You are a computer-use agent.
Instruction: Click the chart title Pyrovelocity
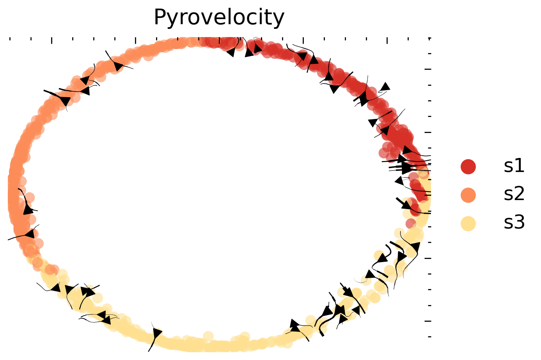(x=219, y=18)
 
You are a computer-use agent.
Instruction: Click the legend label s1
(x=514, y=166)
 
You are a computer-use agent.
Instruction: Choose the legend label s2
(x=514, y=194)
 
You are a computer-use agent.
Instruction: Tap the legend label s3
(x=514, y=223)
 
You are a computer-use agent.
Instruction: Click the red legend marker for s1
(x=468, y=167)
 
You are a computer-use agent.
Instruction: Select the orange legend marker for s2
(x=468, y=195)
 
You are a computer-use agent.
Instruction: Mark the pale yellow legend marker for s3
(x=468, y=223)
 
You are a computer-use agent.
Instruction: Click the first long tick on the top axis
(x=51, y=40)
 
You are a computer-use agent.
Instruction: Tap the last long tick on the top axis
(x=387, y=40)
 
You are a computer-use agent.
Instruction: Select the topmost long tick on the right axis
(x=428, y=69)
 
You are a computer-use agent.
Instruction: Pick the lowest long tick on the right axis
(x=428, y=321)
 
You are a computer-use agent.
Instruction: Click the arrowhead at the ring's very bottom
(x=157, y=334)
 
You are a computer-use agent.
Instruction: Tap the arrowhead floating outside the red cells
(x=385, y=87)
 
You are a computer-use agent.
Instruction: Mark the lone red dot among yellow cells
(x=410, y=223)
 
